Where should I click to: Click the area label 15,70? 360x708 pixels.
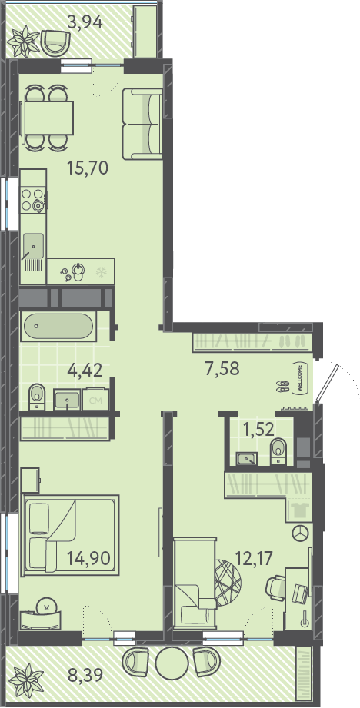click(x=88, y=168)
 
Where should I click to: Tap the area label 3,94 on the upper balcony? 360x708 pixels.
click(x=85, y=22)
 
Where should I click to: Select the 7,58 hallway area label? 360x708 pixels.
click(x=222, y=368)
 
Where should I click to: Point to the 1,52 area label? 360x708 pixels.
click(x=258, y=429)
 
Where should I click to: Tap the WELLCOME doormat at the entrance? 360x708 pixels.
click(x=298, y=378)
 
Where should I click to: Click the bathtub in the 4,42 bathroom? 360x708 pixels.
click(x=58, y=327)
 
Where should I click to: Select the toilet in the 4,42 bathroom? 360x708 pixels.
click(x=37, y=397)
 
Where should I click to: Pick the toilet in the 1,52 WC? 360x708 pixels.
click(x=278, y=450)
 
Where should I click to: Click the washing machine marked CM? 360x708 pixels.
click(x=95, y=399)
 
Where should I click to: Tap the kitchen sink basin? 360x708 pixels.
click(x=34, y=247)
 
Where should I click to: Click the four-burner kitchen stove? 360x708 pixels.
click(x=33, y=200)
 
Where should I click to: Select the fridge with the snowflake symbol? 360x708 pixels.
click(x=102, y=271)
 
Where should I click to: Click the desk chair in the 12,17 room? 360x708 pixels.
click(x=275, y=586)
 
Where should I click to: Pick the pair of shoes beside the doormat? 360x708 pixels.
click(x=283, y=386)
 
